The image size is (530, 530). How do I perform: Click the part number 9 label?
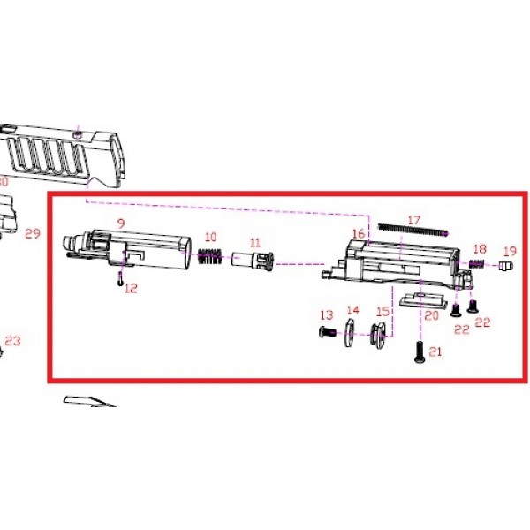coord(121,223)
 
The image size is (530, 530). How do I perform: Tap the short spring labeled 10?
coord(210,256)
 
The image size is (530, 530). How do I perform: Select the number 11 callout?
coord(255,242)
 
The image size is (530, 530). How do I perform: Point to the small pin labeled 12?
coord(120,279)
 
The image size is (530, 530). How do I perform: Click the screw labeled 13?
coord(327,332)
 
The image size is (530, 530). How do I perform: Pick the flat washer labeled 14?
coord(349,332)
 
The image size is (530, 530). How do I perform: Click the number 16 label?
coord(359,233)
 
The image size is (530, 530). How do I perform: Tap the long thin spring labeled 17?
coord(413,230)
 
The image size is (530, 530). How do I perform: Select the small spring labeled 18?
coord(477,263)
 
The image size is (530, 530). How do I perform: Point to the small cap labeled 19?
coord(505,266)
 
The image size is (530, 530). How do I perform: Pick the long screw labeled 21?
coord(419,352)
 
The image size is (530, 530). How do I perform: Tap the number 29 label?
coord(33,233)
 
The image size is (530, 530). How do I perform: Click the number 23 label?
coord(13,341)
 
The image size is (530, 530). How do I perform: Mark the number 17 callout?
coord(413,220)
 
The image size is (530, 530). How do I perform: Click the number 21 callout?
coord(435,352)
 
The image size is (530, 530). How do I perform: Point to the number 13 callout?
coord(327,315)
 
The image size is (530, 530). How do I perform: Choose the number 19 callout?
coord(510,251)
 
